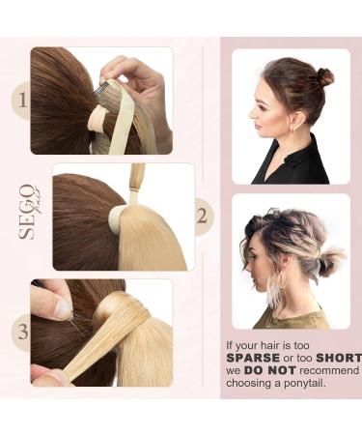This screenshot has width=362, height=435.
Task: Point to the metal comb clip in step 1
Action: (x=99, y=89)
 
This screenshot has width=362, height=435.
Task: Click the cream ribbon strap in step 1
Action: (x=121, y=124)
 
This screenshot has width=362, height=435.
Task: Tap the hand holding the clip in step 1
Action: (x=145, y=82)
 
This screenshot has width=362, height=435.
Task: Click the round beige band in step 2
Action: (x=117, y=217)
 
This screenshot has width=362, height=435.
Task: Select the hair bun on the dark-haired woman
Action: (x=324, y=76)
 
